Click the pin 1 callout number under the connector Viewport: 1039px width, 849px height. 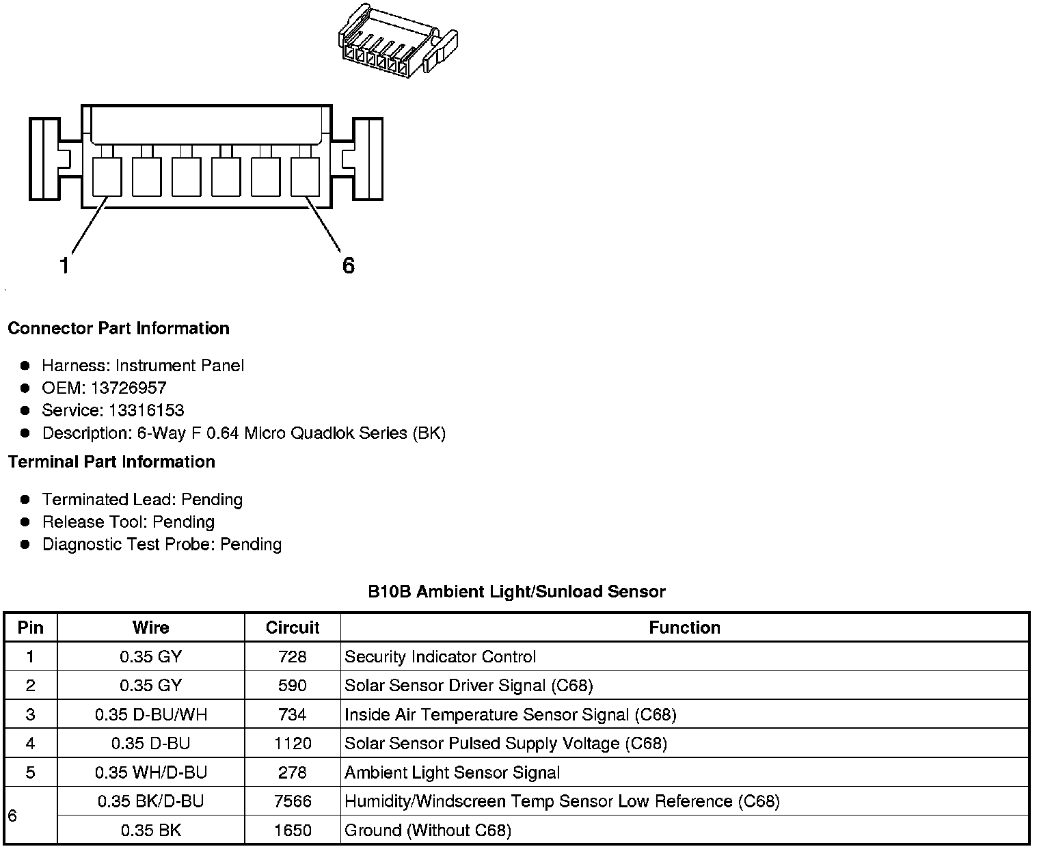pos(64,265)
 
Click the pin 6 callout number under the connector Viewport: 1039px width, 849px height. pos(348,265)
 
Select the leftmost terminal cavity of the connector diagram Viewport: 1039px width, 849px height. pos(107,176)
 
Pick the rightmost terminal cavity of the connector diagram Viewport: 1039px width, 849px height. pos(306,176)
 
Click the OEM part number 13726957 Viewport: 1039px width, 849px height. pos(129,388)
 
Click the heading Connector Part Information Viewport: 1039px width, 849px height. pos(118,328)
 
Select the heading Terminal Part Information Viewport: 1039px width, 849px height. pos(111,462)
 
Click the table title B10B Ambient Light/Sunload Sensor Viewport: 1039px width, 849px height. pos(516,592)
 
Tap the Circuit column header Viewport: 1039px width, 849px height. pos(293,628)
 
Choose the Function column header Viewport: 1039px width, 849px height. pos(684,628)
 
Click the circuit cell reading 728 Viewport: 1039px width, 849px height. pos(293,657)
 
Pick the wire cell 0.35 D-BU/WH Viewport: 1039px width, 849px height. pos(151,715)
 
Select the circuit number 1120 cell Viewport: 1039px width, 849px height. pos(293,744)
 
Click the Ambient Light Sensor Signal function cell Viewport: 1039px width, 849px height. pos(452,773)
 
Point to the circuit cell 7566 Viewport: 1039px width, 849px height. pos(293,801)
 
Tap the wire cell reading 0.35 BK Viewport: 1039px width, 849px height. pos(151,831)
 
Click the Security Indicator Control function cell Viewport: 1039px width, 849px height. pos(440,657)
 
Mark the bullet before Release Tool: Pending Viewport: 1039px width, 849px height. pos(26,522)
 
